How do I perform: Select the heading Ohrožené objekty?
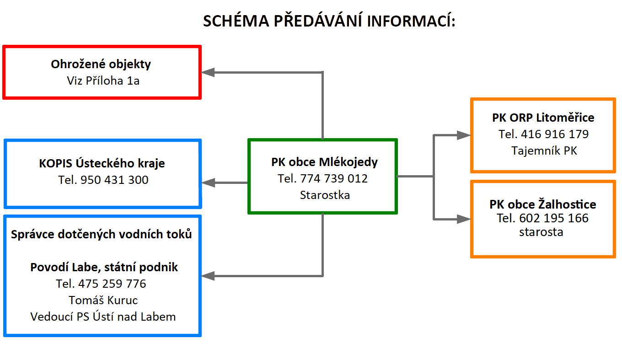[x=101, y=64]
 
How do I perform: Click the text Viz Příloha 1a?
[x=103, y=81]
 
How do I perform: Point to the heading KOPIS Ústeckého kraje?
[x=102, y=163]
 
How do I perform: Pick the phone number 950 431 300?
[x=114, y=180]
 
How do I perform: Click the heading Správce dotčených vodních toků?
[x=102, y=234]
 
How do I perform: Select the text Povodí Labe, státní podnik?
[x=104, y=267]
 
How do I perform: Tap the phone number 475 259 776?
[x=112, y=284]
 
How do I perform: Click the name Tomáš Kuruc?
[x=103, y=300]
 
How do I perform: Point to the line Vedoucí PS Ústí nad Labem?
[x=103, y=317]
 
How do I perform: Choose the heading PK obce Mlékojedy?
[x=324, y=162]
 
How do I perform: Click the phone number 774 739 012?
[x=334, y=178]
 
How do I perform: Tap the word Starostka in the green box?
[x=325, y=195]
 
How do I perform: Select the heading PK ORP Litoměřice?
[x=543, y=118]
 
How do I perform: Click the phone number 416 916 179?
[x=555, y=134]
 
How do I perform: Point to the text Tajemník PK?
[x=544, y=150]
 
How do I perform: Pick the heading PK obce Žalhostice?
[x=542, y=204]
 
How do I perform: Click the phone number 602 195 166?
[x=554, y=218]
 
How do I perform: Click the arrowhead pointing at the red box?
[x=208, y=72]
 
